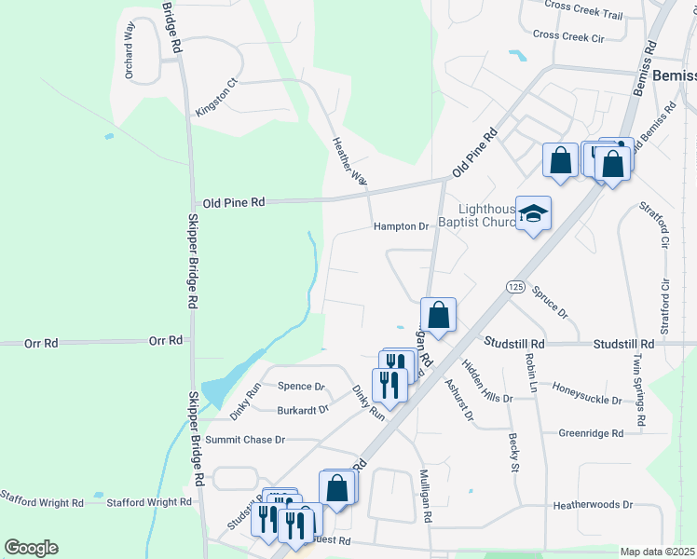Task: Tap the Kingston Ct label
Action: pyautogui.click(x=217, y=97)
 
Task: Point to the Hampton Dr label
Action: pyautogui.click(x=401, y=226)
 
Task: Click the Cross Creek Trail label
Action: pyautogui.click(x=583, y=15)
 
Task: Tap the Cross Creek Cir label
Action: pyautogui.click(x=568, y=35)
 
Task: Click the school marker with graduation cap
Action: pyautogui.click(x=534, y=214)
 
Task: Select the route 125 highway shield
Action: pyautogui.click(x=516, y=287)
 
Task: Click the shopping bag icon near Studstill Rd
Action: pyautogui.click(x=438, y=315)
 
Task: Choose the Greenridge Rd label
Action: pyautogui.click(x=591, y=433)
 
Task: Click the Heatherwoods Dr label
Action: pyautogui.click(x=593, y=505)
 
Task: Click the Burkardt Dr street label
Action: pyautogui.click(x=303, y=409)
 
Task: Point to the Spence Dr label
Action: pyautogui.click(x=301, y=387)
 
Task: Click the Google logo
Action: pyautogui.click(x=31, y=548)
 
